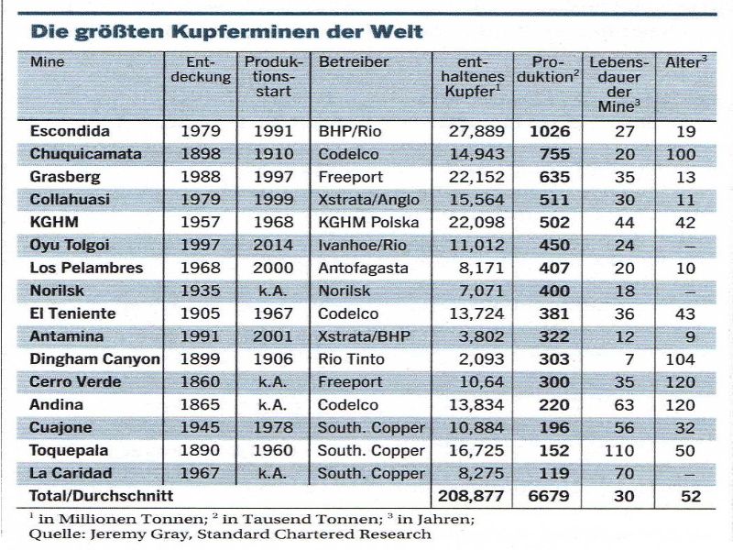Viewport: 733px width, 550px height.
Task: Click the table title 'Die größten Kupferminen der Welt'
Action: tap(227, 31)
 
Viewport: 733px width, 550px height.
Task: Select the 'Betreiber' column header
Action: tap(354, 62)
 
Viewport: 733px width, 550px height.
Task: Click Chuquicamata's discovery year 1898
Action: tap(202, 154)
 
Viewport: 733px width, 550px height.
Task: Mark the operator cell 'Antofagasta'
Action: tap(361, 269)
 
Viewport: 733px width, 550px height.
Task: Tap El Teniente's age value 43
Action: tap(686, 313)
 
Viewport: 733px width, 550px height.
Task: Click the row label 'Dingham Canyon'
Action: tap(94, 359)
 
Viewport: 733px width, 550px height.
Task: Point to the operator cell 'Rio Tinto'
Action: tap(351, 359)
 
